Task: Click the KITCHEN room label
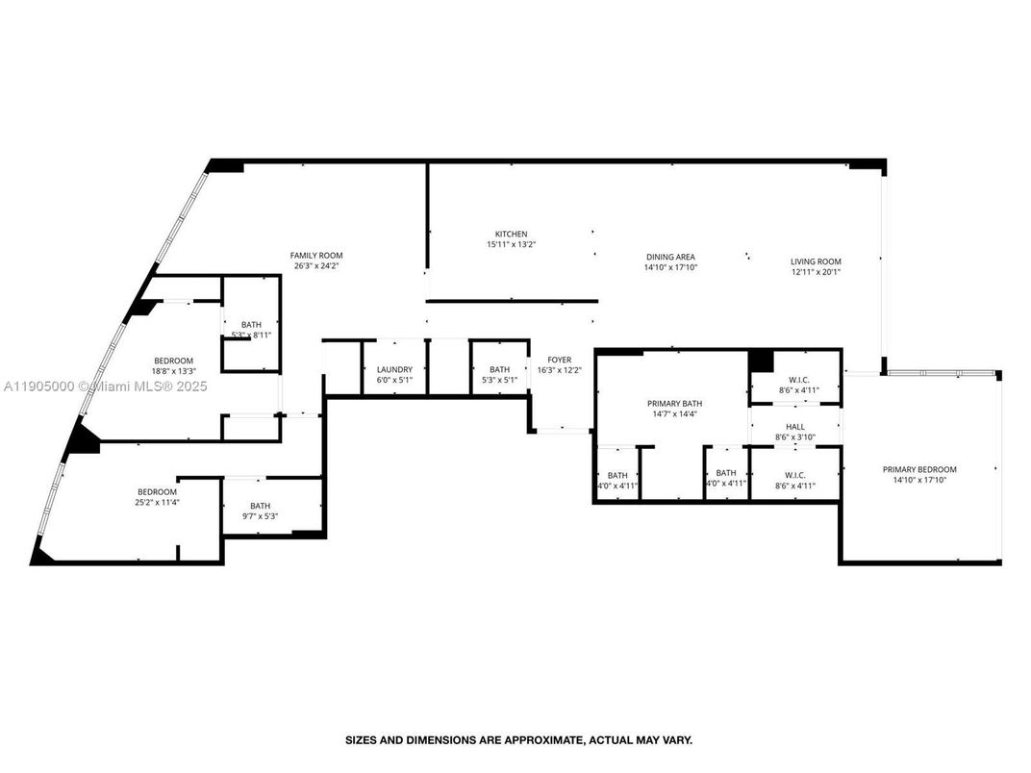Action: pos(511,235)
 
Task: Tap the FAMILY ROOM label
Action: pos(316,256)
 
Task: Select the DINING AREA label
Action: pos(669,257)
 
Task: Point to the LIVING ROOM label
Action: pos(816,262)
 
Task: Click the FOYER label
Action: pos(559,360)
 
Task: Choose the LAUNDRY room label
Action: pos(394,369)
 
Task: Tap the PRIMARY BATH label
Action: pos(671,403)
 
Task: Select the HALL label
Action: pos(795,427)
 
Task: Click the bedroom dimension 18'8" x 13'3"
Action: pos(173,371)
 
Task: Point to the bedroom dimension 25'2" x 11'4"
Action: pos(157,501)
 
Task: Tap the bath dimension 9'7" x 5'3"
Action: pos(261,516)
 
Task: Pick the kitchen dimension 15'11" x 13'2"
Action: pos(511,245)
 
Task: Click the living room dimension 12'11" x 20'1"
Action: pos(816,272)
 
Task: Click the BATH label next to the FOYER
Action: pos(499,369)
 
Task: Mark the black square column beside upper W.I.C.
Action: pos(761,361)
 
